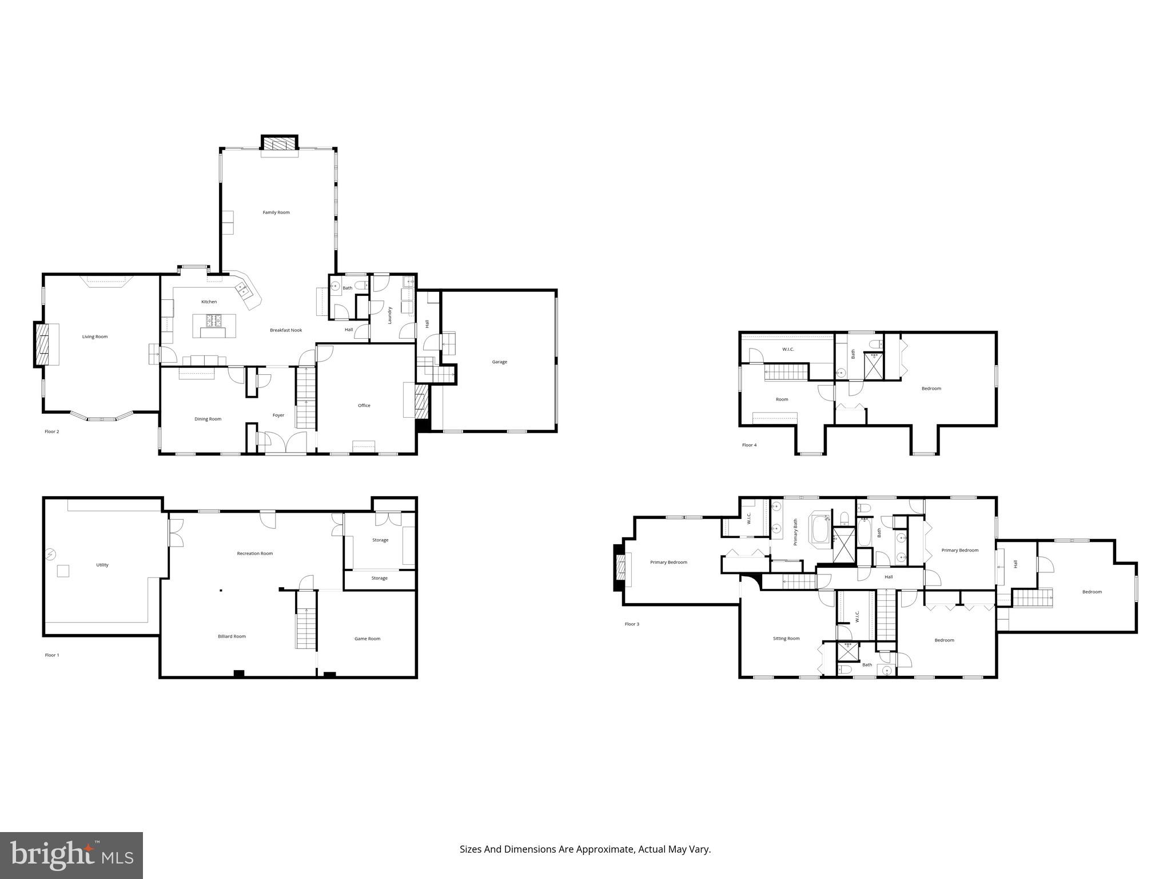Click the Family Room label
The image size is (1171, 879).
(276, 212)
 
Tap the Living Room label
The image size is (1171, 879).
(95, 336)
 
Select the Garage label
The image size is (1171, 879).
(499, 362)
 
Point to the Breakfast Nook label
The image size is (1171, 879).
(286, 330)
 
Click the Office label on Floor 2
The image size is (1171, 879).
(364, 405)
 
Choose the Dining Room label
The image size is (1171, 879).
(208, 419)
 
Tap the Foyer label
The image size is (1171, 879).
(278, 415)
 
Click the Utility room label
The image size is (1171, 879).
(102, 565)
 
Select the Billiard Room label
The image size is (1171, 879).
(232, 636)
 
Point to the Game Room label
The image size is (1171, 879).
(367, 639)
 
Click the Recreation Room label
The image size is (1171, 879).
(255, 553)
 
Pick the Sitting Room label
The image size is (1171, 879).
(786, 638)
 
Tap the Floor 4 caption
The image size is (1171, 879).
(749, 445)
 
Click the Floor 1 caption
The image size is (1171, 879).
(52, 655)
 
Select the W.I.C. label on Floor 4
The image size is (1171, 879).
(788, 349)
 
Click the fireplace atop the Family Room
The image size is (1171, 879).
(280, 143)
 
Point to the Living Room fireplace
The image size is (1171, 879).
(42, 345)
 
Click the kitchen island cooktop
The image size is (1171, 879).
(212, 320)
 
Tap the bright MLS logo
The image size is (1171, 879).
(71, 855)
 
